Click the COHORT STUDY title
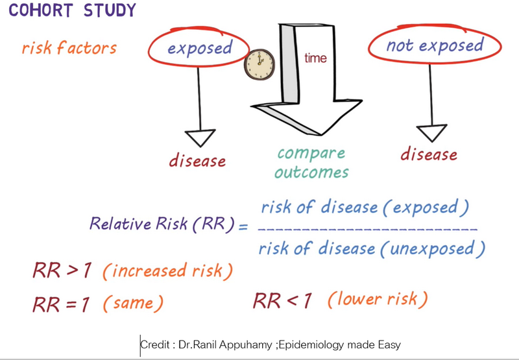coord(72,10)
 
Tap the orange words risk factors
coord(69,47)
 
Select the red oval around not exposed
coord(434,27)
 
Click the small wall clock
coord(259,64)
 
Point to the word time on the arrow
coord(315,58)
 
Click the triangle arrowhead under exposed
coord(200,138)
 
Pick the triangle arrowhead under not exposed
coord(431,134)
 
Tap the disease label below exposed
coord(198,161)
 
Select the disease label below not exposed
coord(429,154)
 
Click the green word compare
coord(311,154)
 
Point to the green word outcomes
coord(311,172)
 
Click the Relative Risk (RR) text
coord(162,224)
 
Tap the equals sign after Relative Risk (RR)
coord(243,227)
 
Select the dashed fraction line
coord(367,228)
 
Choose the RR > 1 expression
coord(62,270)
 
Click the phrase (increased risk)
coord(168,271)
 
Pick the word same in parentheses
coord(134,303)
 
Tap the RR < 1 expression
coord(282,301)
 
